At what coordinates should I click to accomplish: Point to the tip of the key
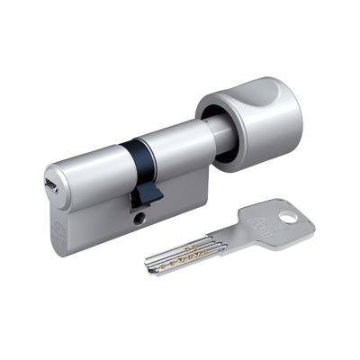click(x=148, y=265)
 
